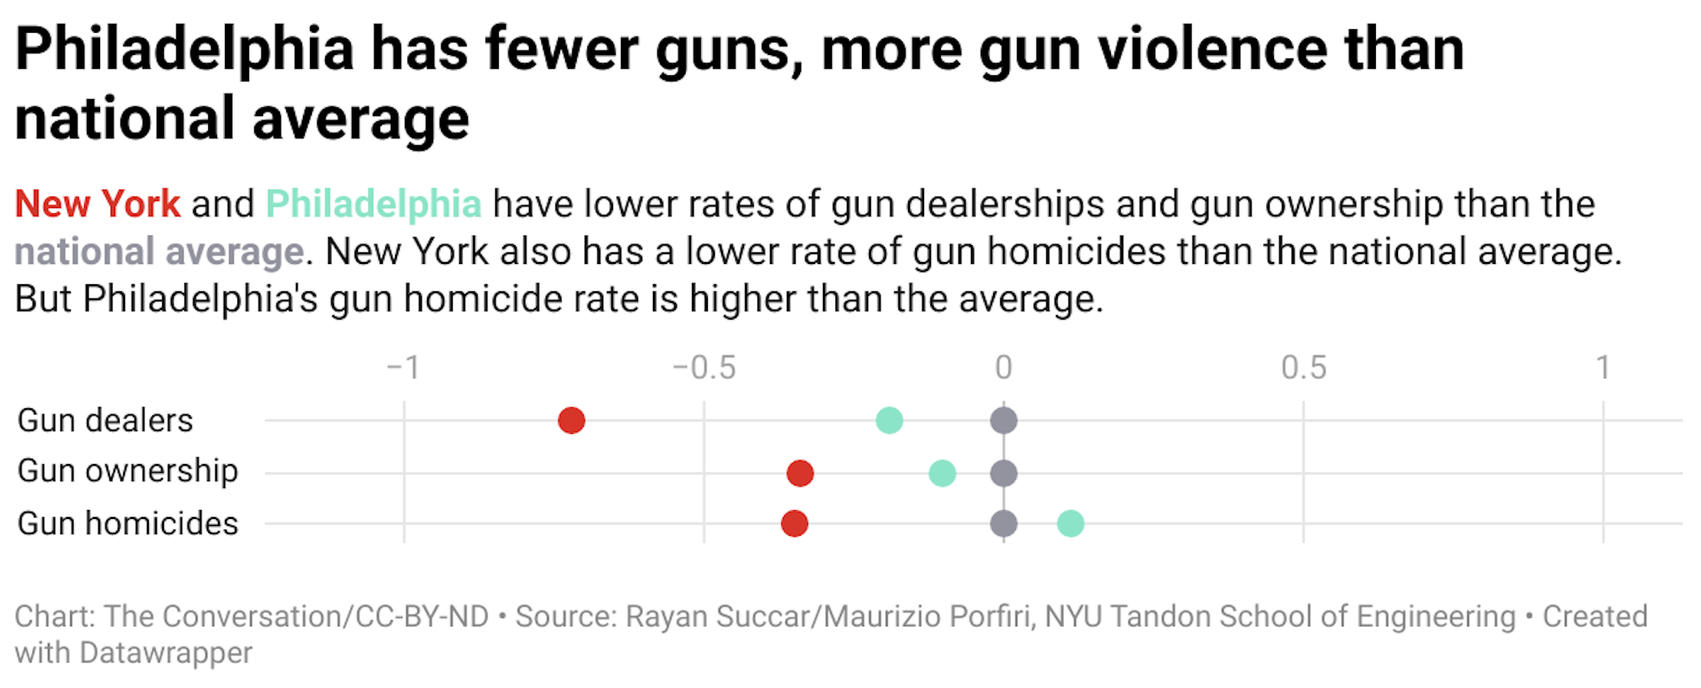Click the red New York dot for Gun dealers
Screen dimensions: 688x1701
tap(571, 421)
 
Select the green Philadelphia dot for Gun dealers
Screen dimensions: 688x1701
tap(889, 421)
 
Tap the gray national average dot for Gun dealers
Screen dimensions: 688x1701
tap(1003, 421)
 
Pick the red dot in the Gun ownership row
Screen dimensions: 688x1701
tap(800, 473)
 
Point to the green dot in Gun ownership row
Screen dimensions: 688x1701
tap(942, 473)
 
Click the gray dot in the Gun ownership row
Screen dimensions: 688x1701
tap(1003, 473)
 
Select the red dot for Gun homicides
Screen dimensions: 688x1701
tap(794, 523)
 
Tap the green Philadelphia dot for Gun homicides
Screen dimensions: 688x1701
tap(1070, 523)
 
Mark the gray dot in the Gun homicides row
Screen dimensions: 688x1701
tap(1003, 523)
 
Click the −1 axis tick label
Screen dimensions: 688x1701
tap(403, 367)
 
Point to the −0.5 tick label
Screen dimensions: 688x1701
tap(703, 367)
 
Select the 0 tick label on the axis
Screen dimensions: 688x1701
tap(1003, 367)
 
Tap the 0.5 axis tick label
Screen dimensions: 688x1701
tap(1303, 367)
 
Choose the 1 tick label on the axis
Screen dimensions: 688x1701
tap(1603, 367)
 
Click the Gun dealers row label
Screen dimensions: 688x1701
tap(105, 421)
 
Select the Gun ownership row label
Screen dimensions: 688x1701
tap(128, 471)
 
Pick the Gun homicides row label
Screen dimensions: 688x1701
tap(128, 523)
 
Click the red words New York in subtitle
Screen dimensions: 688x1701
tap(97, 205)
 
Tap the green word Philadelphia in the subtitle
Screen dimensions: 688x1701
tap(373, 205)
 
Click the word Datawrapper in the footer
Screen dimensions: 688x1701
tap(166, 653)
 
